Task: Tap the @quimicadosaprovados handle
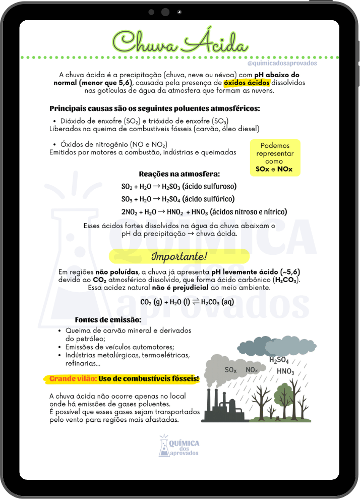[x=282, y=64]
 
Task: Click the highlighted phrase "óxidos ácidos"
[x=247, y=82]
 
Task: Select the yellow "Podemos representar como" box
[x=275, y=157]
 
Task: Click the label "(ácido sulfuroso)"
[x=209, y=186]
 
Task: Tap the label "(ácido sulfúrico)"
[x=208, y=199]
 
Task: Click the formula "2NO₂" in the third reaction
[x=131, y=212]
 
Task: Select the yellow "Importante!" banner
[x=179, y=256]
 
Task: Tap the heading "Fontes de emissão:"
[x=108, y=320]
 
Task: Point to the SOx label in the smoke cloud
[x=230, y=370]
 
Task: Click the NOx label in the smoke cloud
[x=252, y=370]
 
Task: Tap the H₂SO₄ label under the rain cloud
[x=279, y=360]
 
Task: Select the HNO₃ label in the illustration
[x=285, y=371]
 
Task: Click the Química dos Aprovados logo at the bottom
[x=179, y=446]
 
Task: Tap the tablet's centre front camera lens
[x=165, y=12]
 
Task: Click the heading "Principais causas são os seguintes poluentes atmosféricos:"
[x=155, y=108]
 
